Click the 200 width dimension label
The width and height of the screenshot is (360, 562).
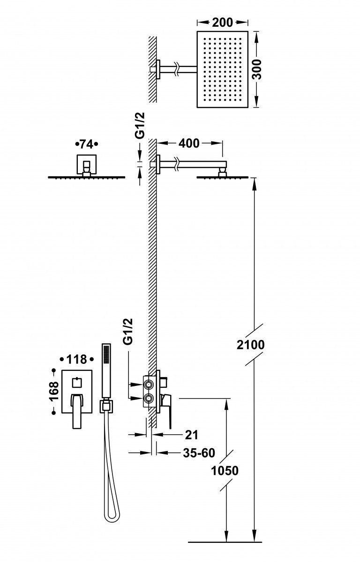coord(223,22)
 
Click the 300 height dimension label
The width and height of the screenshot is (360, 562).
coord(263,70)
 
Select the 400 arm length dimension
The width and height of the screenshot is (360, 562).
coord(189,143)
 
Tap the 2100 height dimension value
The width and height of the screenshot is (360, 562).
coord(251,345)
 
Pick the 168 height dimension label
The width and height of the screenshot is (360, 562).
coord(54,391)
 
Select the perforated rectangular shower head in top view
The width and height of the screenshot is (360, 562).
coord(223,70)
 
